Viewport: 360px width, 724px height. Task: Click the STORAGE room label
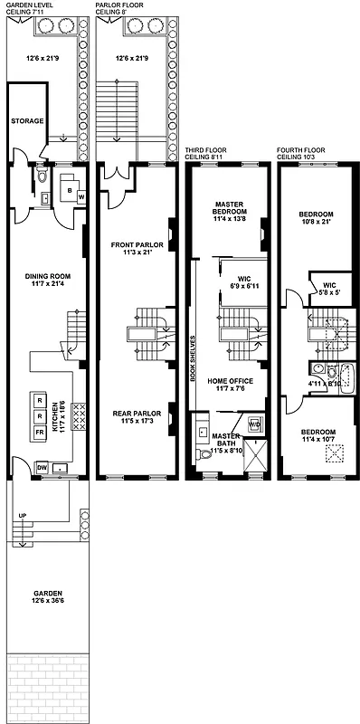tap(28, 119)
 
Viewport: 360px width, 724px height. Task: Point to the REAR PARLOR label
tap(136, 414)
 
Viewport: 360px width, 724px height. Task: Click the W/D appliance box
tap(254, 423)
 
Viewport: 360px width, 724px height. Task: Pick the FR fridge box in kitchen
tap(39, 433)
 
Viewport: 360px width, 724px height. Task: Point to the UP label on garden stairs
tap(20, 516)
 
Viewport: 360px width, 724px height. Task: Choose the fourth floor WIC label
tap(324, 285)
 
